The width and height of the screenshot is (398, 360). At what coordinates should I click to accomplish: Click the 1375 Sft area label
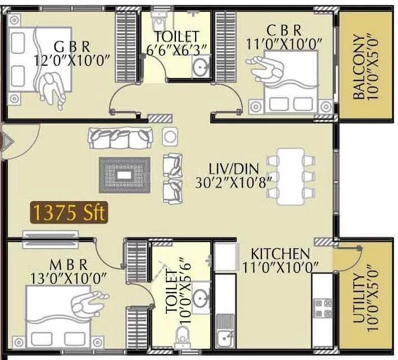tap(69, 213)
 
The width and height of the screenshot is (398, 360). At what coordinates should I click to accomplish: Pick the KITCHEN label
tap(280, 253)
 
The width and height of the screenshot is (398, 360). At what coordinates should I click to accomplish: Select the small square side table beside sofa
tap(169, 136)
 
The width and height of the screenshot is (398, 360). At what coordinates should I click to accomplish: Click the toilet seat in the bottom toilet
tap(182, 337)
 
